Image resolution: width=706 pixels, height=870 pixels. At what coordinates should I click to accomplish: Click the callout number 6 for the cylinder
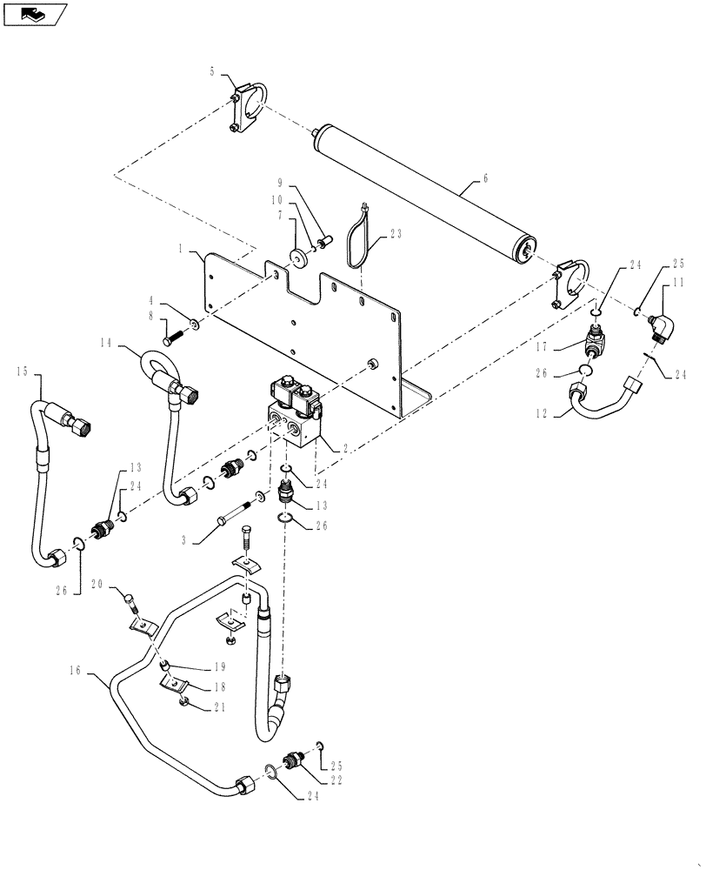pos(485,177)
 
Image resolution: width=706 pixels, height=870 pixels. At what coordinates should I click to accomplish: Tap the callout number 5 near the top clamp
pos(210,71)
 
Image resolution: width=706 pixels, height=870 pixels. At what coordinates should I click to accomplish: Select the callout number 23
pos(397,233)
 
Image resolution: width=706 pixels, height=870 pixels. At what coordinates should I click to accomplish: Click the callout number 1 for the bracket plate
pos(180,250)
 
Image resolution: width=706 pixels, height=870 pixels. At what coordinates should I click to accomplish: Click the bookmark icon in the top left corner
pos(35,14)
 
